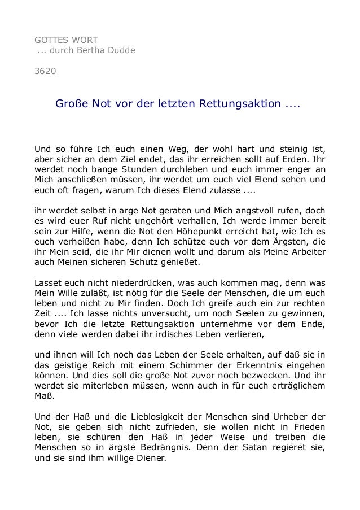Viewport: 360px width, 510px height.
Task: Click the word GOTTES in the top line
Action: tap(51, 40)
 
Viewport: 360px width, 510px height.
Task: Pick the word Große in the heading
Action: tap(70, 104)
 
